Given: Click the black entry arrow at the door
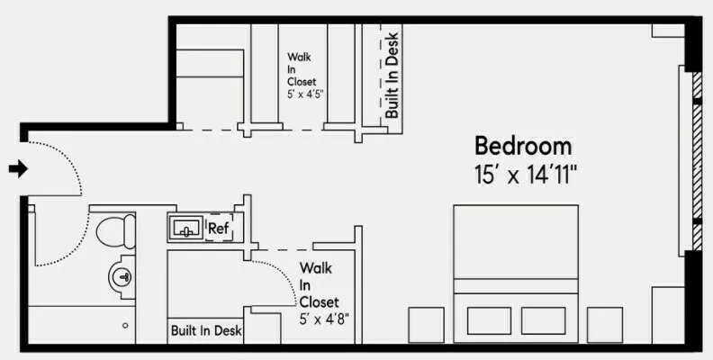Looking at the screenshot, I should coord(17,168).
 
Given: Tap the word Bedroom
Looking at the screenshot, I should coord(523,146).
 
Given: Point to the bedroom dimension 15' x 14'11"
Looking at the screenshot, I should coord(526,175).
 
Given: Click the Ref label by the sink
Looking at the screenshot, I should coord(218,229).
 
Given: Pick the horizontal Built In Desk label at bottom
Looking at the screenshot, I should coord(206,331).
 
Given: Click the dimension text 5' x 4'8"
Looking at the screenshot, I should coord(324,318).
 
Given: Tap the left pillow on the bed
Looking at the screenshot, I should coord(487,320).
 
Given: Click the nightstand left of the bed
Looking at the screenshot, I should coord(426,324).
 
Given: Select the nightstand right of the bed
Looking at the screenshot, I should coord(604,324).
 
